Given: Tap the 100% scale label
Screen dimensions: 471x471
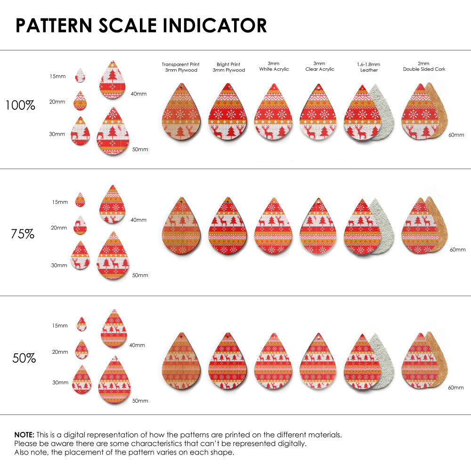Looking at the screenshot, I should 20,105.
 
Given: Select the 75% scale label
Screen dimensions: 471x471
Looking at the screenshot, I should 23,234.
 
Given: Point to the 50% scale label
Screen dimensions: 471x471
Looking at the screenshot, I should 24,358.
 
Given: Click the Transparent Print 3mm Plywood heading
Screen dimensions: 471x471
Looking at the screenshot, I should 180,67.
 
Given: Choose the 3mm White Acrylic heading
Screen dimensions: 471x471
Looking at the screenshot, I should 274,66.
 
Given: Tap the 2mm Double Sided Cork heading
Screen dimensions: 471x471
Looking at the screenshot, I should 424,66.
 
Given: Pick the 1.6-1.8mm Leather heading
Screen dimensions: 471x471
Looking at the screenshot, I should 369,67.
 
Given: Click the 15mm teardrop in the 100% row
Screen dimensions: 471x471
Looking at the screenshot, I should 80,75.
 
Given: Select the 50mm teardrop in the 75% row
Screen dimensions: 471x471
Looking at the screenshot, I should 113,257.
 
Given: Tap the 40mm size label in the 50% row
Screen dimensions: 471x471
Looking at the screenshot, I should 137,345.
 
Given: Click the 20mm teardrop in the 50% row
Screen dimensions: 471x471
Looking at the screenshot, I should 81,349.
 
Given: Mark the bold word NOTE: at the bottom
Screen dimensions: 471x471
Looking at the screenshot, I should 24,434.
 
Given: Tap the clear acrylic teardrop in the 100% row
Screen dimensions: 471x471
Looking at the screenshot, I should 318,113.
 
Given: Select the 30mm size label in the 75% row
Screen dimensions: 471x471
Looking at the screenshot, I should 59,265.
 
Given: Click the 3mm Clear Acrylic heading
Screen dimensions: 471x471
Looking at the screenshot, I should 319,66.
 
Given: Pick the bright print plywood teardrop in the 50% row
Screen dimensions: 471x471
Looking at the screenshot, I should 227,363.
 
